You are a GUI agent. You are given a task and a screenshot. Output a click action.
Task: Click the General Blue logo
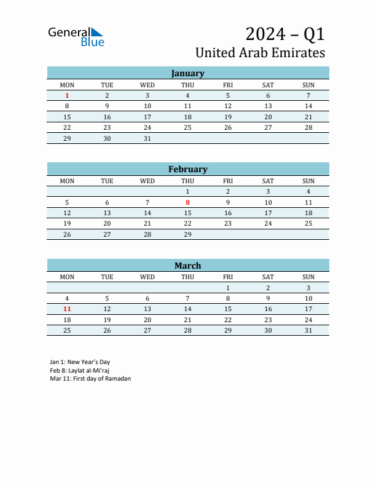(x=76, y=36)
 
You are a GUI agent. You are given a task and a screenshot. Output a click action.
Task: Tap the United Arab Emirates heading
(x=260, y=53)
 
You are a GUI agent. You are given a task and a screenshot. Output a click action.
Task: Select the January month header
(x=187, y=73)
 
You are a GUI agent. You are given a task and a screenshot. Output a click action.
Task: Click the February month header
(x=187, y=169)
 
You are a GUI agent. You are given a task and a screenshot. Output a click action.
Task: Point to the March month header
(x=187, y=266)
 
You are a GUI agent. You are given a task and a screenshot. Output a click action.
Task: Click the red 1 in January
(x=67, y=95)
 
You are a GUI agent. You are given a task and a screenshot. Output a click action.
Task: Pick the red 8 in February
(x=187, y=202)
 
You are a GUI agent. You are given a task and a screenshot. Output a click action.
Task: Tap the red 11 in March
(x=67, y=309)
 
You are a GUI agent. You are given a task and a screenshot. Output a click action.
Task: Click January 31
(x=147, y=138)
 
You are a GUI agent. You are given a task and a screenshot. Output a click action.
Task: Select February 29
(x=187, y=234)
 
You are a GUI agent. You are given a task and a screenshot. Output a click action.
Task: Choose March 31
(x=308, y=330)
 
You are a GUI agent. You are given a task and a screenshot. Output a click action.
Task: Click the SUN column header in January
(x=308, y=85)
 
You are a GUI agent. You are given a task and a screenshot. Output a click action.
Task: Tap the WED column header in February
(x=147, y=181)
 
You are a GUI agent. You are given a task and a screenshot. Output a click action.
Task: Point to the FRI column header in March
(x=228, y=277)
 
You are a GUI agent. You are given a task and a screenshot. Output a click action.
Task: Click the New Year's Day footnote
(x=80, y=362)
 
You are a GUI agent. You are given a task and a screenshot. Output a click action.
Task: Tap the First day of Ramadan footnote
(x=90, y=379)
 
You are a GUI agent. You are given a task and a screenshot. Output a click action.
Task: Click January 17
(x=147, y=117)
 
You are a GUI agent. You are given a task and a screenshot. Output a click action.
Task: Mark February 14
(x=147, y=213)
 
